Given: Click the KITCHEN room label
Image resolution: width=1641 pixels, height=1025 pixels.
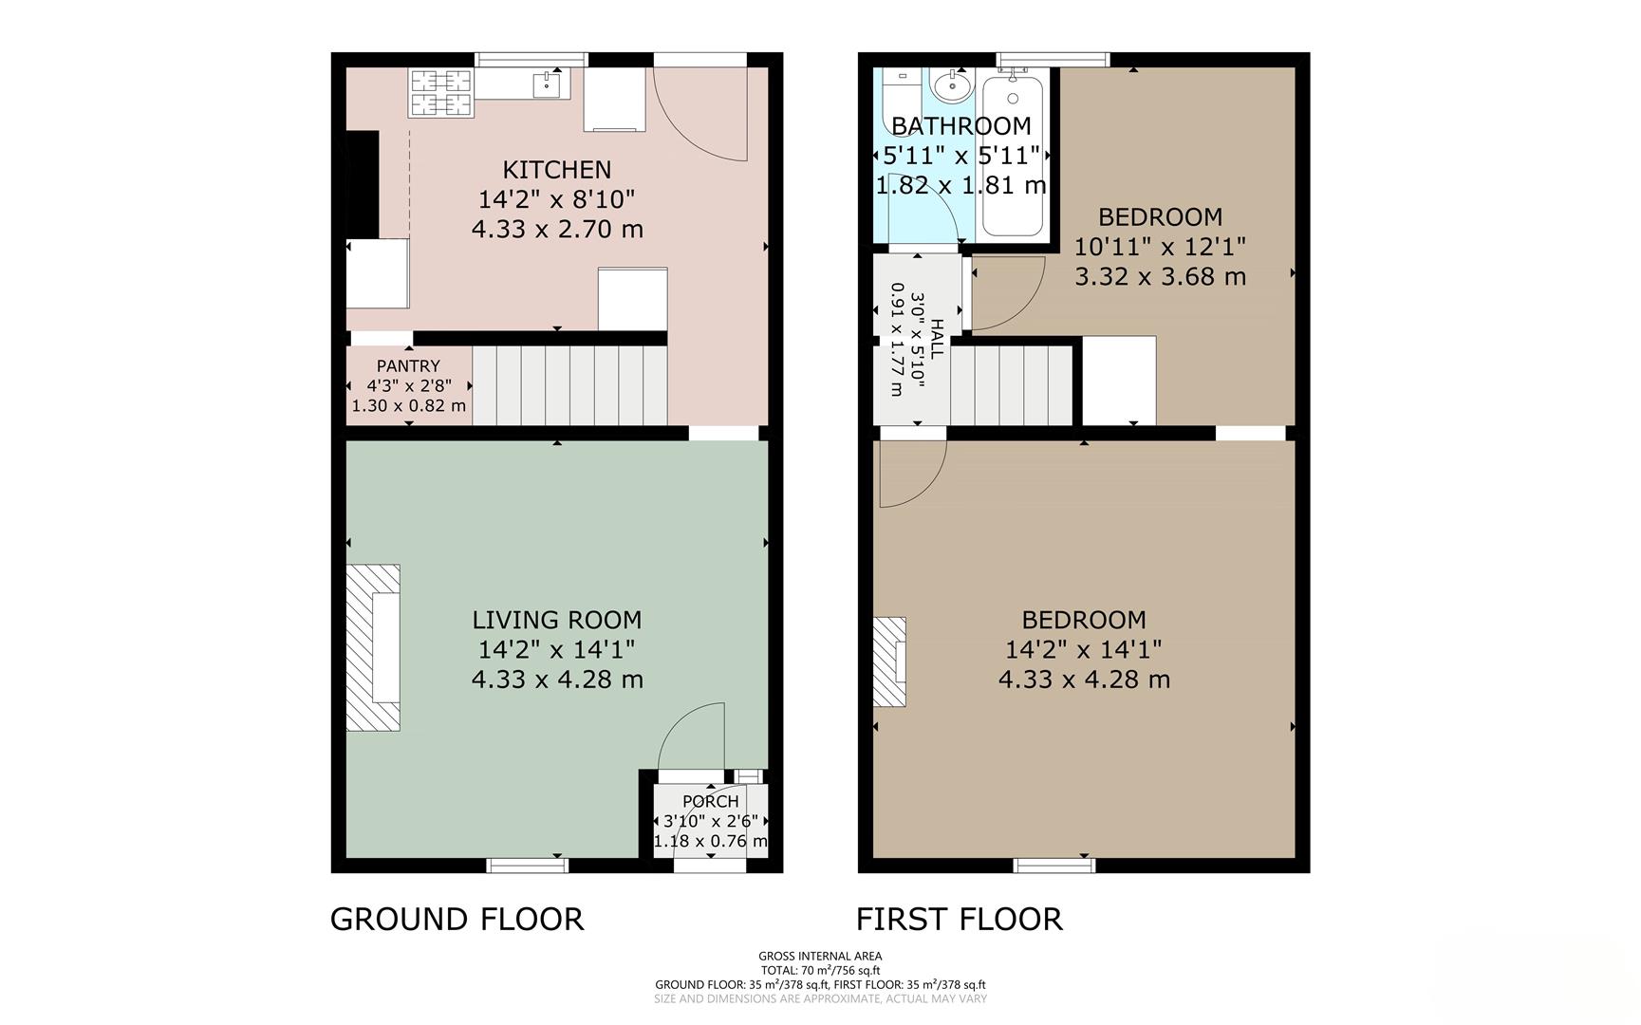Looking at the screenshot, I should pyautogui.click(x=556, y=170).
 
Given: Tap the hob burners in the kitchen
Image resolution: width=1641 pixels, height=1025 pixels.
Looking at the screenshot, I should pyautogui.click(x=440, y=93).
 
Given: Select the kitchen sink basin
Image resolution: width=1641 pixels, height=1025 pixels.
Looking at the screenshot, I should pyautogui.click(x=547, y=85).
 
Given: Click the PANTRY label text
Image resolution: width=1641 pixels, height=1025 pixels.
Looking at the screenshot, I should pyautogui.click(x=408, y=366).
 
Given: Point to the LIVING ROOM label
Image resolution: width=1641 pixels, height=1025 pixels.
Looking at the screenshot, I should pyautogui.click(x=556, y=620).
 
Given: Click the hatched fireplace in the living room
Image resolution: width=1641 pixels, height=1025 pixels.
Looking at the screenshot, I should pyautogui.click(x=372, y=647).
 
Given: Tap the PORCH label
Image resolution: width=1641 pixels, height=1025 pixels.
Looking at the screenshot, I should pyautogui.click(x=710, y=802).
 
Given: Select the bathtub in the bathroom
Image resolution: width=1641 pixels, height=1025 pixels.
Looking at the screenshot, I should pyautogui.click(x=1013, y=157).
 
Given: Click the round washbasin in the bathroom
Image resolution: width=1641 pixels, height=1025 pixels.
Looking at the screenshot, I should pyautogui.click(x=950, y=88).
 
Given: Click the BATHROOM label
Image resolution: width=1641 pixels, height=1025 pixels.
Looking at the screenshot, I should pyautogui.click(x=960, y=126).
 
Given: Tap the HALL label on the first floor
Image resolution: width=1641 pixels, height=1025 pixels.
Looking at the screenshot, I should pyautogui.click(x=937, y=339).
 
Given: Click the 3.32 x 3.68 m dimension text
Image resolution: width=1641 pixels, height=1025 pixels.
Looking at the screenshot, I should pyautogui.click(x=1160, y=277).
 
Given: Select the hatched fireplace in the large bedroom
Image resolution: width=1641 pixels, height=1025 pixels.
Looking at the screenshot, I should pyautogui.click(x=888, y=662).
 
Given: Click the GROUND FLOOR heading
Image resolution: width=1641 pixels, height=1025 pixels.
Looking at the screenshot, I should pyautogui.click(x=457, y=919).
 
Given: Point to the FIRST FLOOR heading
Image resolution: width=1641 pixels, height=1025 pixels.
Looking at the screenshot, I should pyautogui.click(x=959, y=919).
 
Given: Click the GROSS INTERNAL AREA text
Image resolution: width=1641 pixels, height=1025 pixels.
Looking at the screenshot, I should pyautogui.click(x=819, y=956).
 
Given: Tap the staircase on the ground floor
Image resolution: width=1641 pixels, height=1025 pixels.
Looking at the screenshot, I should pyautogui.click(x=569, y=385).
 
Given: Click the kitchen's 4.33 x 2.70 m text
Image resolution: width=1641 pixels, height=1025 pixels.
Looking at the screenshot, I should pyautogui.click(x=556, y=230).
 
